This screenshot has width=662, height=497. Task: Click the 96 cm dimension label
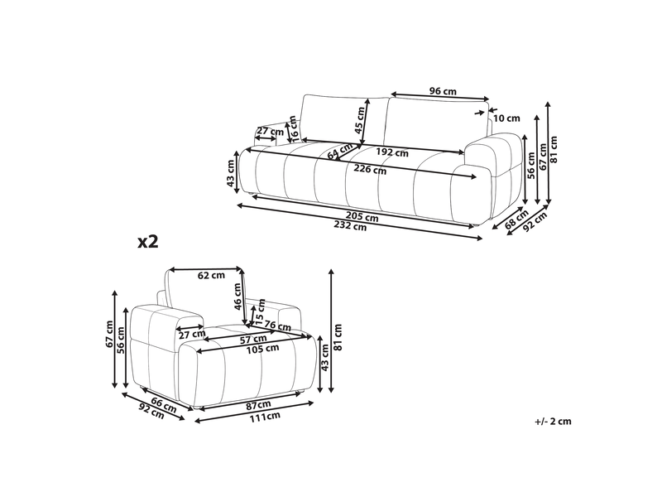point(443,91)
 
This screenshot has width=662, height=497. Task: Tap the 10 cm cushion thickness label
point(506,118)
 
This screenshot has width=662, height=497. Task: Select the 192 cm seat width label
point(392,152)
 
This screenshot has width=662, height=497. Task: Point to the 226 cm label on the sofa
point(370,170)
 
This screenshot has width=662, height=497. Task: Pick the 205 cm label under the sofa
point(362,217)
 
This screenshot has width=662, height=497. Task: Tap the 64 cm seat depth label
point(340,152)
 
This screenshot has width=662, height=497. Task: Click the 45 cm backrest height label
point(359,120)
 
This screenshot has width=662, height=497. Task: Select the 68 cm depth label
point(516,220)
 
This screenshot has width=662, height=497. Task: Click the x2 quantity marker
point(148,242)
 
